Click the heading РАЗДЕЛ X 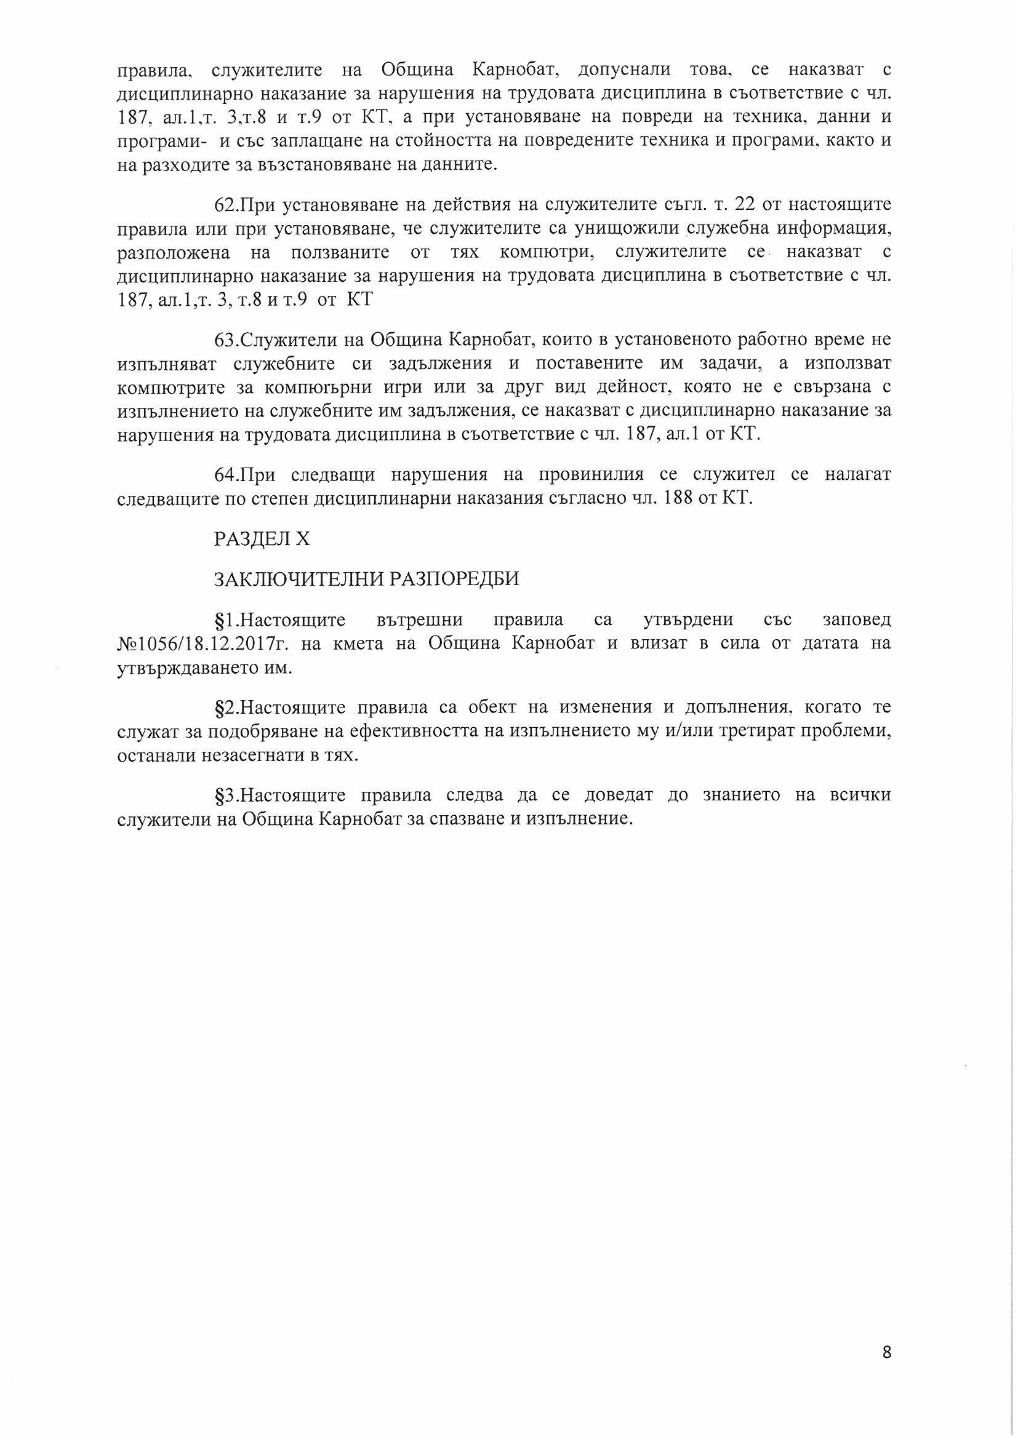point(262,540)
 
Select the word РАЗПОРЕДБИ point(454,578)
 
